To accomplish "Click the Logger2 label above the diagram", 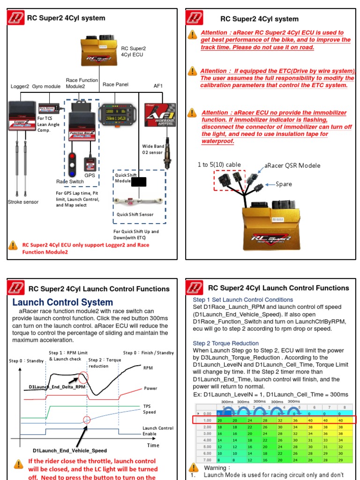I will coord(20,86).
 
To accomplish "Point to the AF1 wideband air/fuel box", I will coord(160,115).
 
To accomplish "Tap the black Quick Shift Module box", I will coord(139,182).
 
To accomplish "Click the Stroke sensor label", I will coord(23,202).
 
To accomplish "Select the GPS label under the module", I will coord(90,175).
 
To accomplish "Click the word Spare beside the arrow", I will coord(284,184).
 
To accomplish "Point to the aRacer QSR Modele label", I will coord(292,165).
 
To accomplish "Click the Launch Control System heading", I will coord(62,302).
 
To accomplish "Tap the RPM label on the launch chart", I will coord(148,368).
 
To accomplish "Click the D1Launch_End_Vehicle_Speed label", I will coord(69,450).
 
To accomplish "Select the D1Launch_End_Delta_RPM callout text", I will coord(57,387).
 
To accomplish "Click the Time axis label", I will coord(153,445).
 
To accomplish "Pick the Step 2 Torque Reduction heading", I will coord(225,343).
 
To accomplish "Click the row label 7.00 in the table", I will coord(206,459).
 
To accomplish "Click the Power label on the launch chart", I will coord(150,388).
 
